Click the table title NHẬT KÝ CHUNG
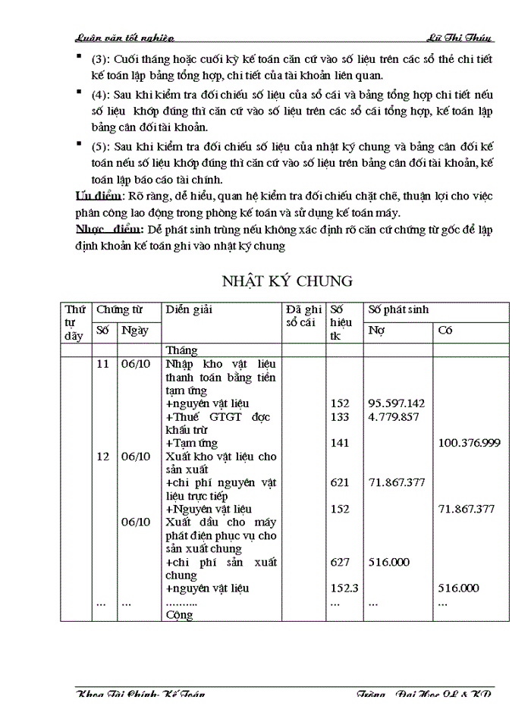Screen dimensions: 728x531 [287, 281]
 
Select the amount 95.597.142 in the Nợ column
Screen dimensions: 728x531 [396, 403]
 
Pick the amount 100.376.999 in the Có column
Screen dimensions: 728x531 [469, 443]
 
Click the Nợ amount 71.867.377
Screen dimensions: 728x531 [396, 482]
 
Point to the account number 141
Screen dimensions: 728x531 [341, 443]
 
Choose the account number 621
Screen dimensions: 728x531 [341, 482]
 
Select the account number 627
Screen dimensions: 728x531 [341, 562]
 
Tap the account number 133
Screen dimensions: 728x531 [341, 416]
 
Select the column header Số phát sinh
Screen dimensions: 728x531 [398, 309]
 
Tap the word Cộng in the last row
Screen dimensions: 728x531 [179, 615]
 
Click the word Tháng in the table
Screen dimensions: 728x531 [181, 350]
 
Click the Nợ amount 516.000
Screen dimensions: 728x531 [389, 562]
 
